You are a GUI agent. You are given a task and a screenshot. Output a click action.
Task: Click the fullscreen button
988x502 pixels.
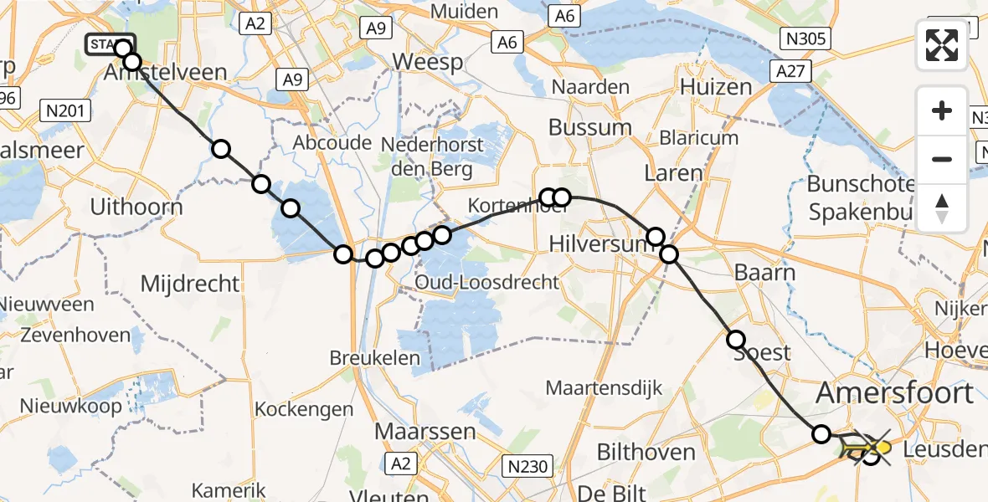coord(942,45)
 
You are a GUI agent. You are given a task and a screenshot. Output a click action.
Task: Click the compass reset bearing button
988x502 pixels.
coord(942,208)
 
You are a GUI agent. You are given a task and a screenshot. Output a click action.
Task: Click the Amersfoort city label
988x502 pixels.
coord(895,392)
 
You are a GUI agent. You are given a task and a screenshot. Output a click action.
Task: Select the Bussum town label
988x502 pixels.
coord(589,127)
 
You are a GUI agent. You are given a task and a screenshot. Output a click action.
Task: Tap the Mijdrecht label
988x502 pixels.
coord(190,284)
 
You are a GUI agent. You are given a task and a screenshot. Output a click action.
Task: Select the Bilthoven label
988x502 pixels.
coord(646,453)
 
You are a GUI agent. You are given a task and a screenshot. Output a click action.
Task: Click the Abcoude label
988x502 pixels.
coord(332,143)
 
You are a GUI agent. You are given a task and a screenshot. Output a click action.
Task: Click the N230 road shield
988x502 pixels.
coord(526,461)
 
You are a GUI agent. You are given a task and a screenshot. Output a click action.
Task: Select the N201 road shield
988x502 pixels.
coord(65,110)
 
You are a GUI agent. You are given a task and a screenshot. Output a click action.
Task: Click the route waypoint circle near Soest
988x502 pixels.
coord(736,340)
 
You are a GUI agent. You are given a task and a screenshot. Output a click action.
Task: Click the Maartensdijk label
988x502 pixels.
coord(604,388)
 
